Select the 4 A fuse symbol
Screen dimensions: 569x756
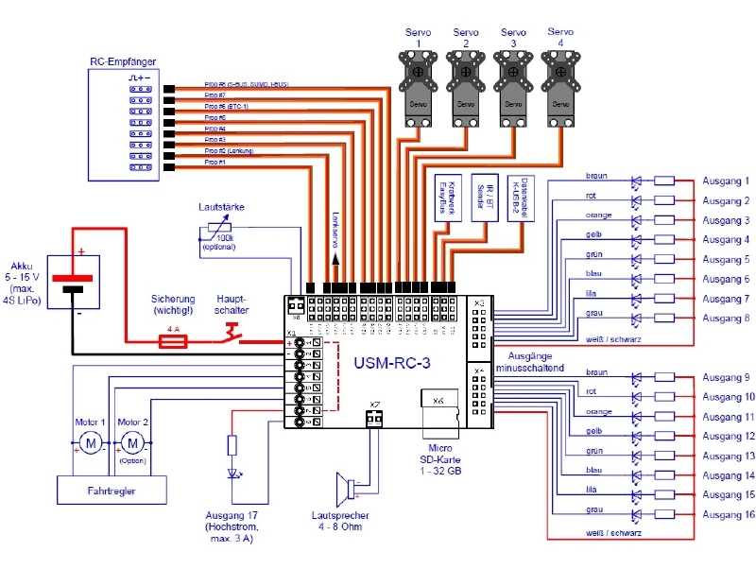(x=172, y=341)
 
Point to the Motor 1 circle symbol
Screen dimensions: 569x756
(x=92, y=442)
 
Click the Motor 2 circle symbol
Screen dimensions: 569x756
(x=133, y=442)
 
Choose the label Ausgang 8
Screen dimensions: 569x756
(x=725, y=319)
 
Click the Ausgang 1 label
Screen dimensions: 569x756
(x=725, y=181)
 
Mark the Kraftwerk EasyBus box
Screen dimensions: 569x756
(x=444, y=198)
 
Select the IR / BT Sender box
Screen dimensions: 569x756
(x=483, y=198)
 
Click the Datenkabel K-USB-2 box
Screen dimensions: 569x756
(x=523, y=198)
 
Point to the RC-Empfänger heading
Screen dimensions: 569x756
(x=123, y=62)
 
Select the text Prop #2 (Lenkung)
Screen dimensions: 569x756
(x=228, y=151)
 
